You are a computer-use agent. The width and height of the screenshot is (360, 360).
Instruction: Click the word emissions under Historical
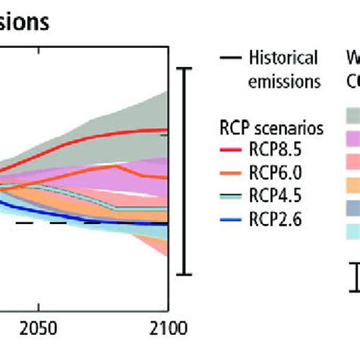click(x=284, y=81)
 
